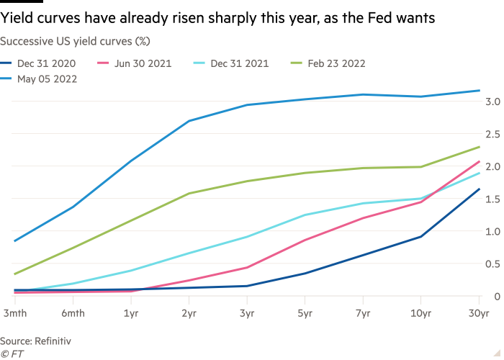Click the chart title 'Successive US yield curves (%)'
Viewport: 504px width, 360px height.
(x=75, y=42)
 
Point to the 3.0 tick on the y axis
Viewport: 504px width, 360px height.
(x=493, y=102)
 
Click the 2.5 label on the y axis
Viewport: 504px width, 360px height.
(x=493, y=134)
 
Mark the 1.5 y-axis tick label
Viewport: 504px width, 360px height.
(x=493, y=199)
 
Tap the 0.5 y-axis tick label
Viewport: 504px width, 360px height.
(x=493, y=264)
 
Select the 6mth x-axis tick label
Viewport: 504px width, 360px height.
(x=71, y=314)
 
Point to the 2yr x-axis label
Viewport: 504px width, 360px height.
(x=188, y=314)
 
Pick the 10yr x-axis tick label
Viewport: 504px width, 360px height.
(x=420, y=314)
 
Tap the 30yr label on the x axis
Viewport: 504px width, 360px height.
(x=479, y=314)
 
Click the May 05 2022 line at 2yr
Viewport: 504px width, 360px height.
(x=188, y=121)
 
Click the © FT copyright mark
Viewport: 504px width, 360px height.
(x=11, y=354)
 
